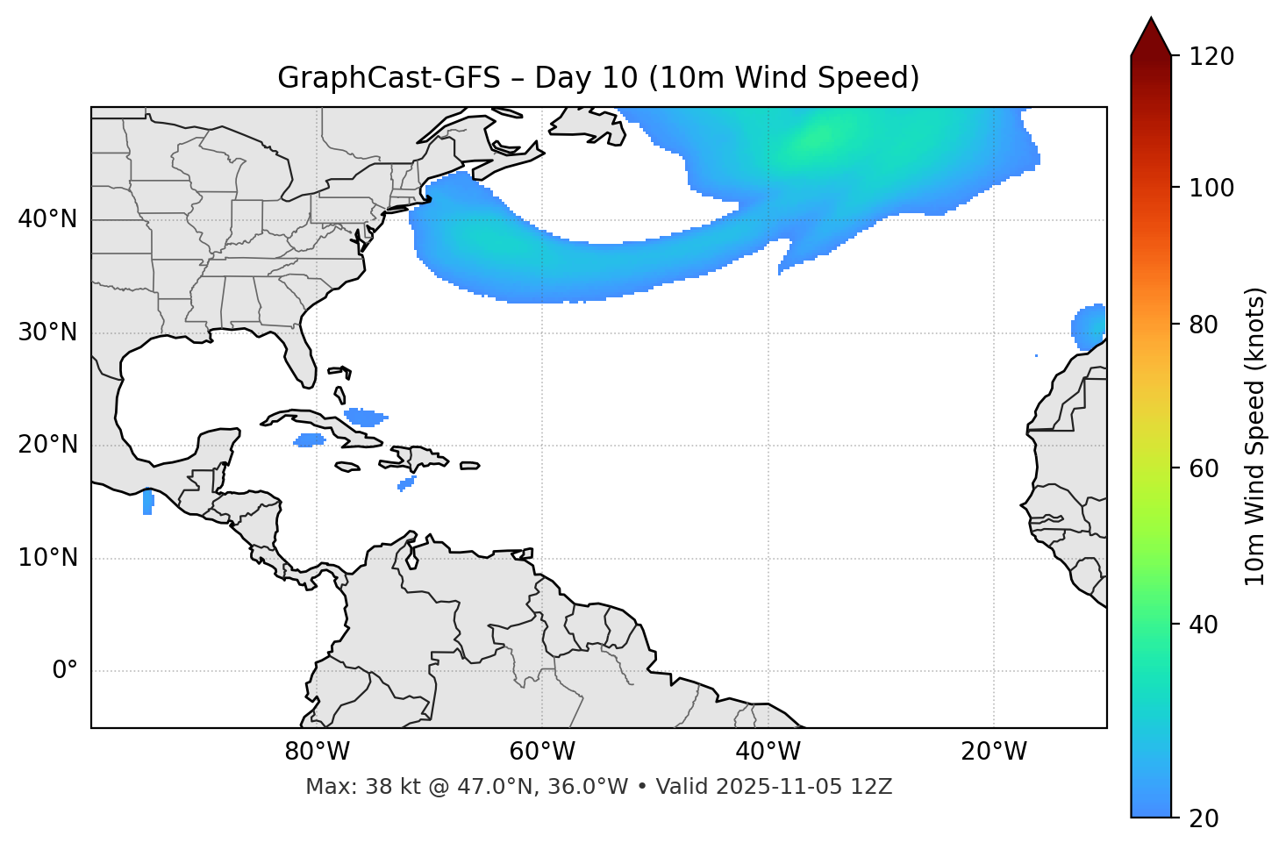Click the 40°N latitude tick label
tap(48, 219)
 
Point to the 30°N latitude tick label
tap(48, 332)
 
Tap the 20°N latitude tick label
tap(48, 445)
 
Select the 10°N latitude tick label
tap(48, 558)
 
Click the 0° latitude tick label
tap(65, 671)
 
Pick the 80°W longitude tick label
tap(317, 752)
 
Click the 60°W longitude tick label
tap(542, 752)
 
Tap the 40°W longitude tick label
tap(768, 752)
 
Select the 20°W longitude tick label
tap(994, 752)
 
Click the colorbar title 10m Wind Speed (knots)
tap(1255, 437)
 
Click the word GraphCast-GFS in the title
tap(389, 78)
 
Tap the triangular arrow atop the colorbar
tap(1151, 37)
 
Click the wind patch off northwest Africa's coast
tap(1089, 327)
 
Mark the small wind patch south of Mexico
tap(147, 503)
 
